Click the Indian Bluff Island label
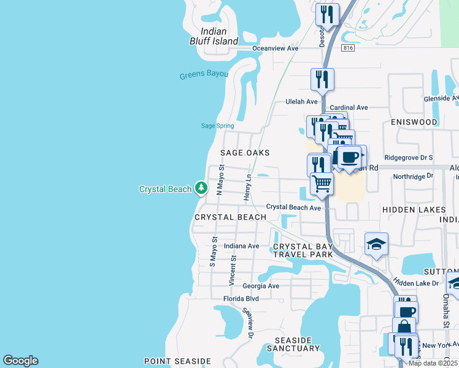coord(214,36)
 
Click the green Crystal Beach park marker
coord(201,188)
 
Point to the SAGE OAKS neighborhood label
coord(245,153)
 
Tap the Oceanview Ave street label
coord(276,48)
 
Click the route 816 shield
coord(349,47)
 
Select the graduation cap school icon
coord(376,245)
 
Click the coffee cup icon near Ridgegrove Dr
coord(351,157)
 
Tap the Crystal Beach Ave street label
coord(293,208)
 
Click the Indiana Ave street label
coord(242,246)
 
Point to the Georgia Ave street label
coord(261,286)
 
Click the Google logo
coord(20,361)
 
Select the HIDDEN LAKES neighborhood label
coord(414,210)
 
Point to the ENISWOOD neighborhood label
coord(414,122)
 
